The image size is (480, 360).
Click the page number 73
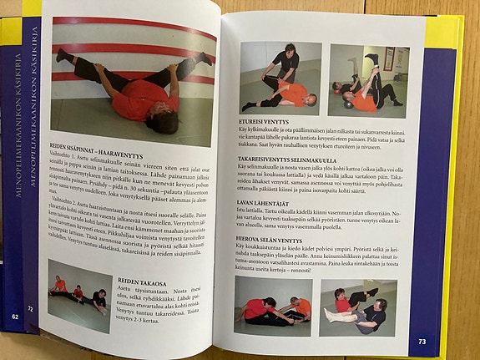tap(421, 341)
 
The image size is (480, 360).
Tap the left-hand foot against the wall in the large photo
tap(62, 55)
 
